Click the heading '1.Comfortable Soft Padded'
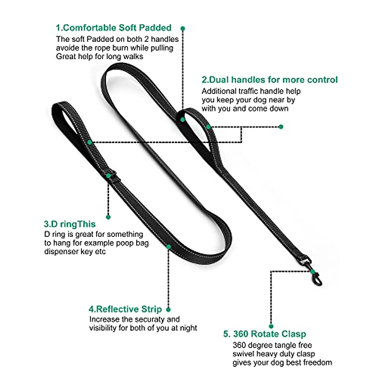(113, 28)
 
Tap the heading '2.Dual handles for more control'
(269, 80)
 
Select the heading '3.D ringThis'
(70, 224)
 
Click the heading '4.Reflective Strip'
(125, 309)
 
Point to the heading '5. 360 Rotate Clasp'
(265, 334)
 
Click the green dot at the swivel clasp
(312, 271)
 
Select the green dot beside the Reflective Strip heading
(169, 310)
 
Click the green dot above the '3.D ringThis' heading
(108, 217)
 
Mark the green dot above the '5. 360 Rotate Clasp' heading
(271, 326)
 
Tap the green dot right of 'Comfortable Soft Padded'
(183, 28)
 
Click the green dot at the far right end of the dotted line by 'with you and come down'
(281, 127)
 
